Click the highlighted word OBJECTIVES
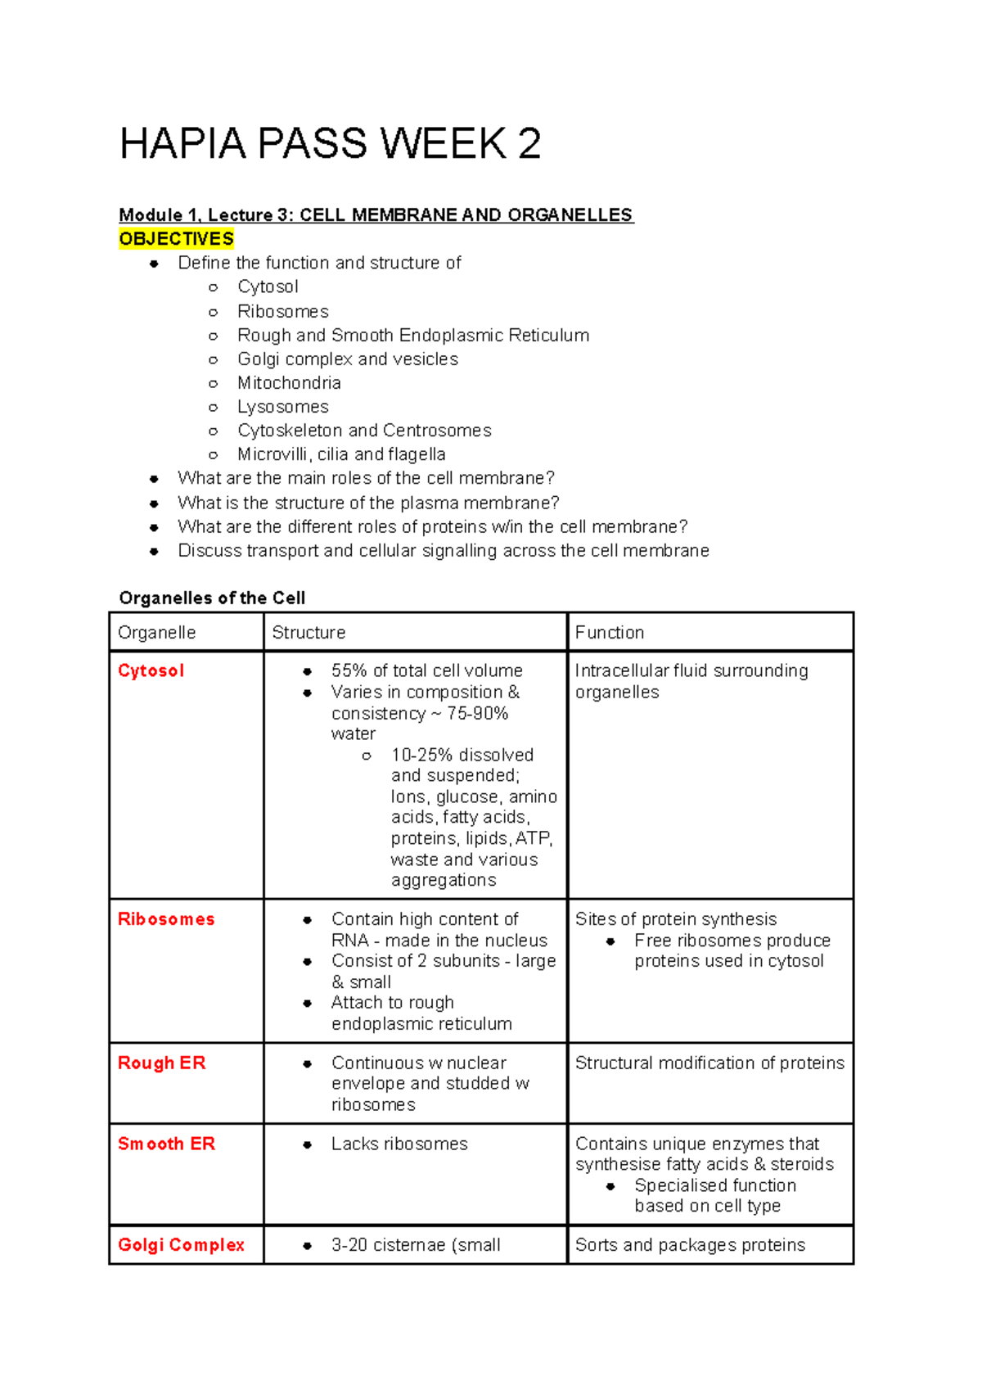pyautogui.click(x=176, y=239)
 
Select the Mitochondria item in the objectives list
pyautogui.click(x=289, y=383)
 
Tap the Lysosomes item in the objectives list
pyautogui.click(x=282, y=407)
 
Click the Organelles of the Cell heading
pyautogui.click(x=212, y=598)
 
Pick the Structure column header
pyautogui.click(x=309, y=633)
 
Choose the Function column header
pyautogui.click(x=609, y=633)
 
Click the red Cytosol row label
pyautogui.click(x=151, y=670)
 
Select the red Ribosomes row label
pyautogui.click(x=166, y=919)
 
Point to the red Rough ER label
pyautogui.click(x=161, y=1063)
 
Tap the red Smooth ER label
pyautogui.click(x=166, y=1144)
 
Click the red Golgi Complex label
pyautogui.click(x=181, y=1245)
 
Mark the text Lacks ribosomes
pyautogui.click(x=399, y=1144)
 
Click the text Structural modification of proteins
pyautogui.click(x=709, y=1063)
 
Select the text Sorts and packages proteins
pyautogui.click(x=690, y=1245)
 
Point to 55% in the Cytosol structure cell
pyautogui.click(x=349, y=670)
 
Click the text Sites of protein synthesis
pyautogui.click(x=676, y=919)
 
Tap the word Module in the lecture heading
pyautogui.click(x=151, y=215)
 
